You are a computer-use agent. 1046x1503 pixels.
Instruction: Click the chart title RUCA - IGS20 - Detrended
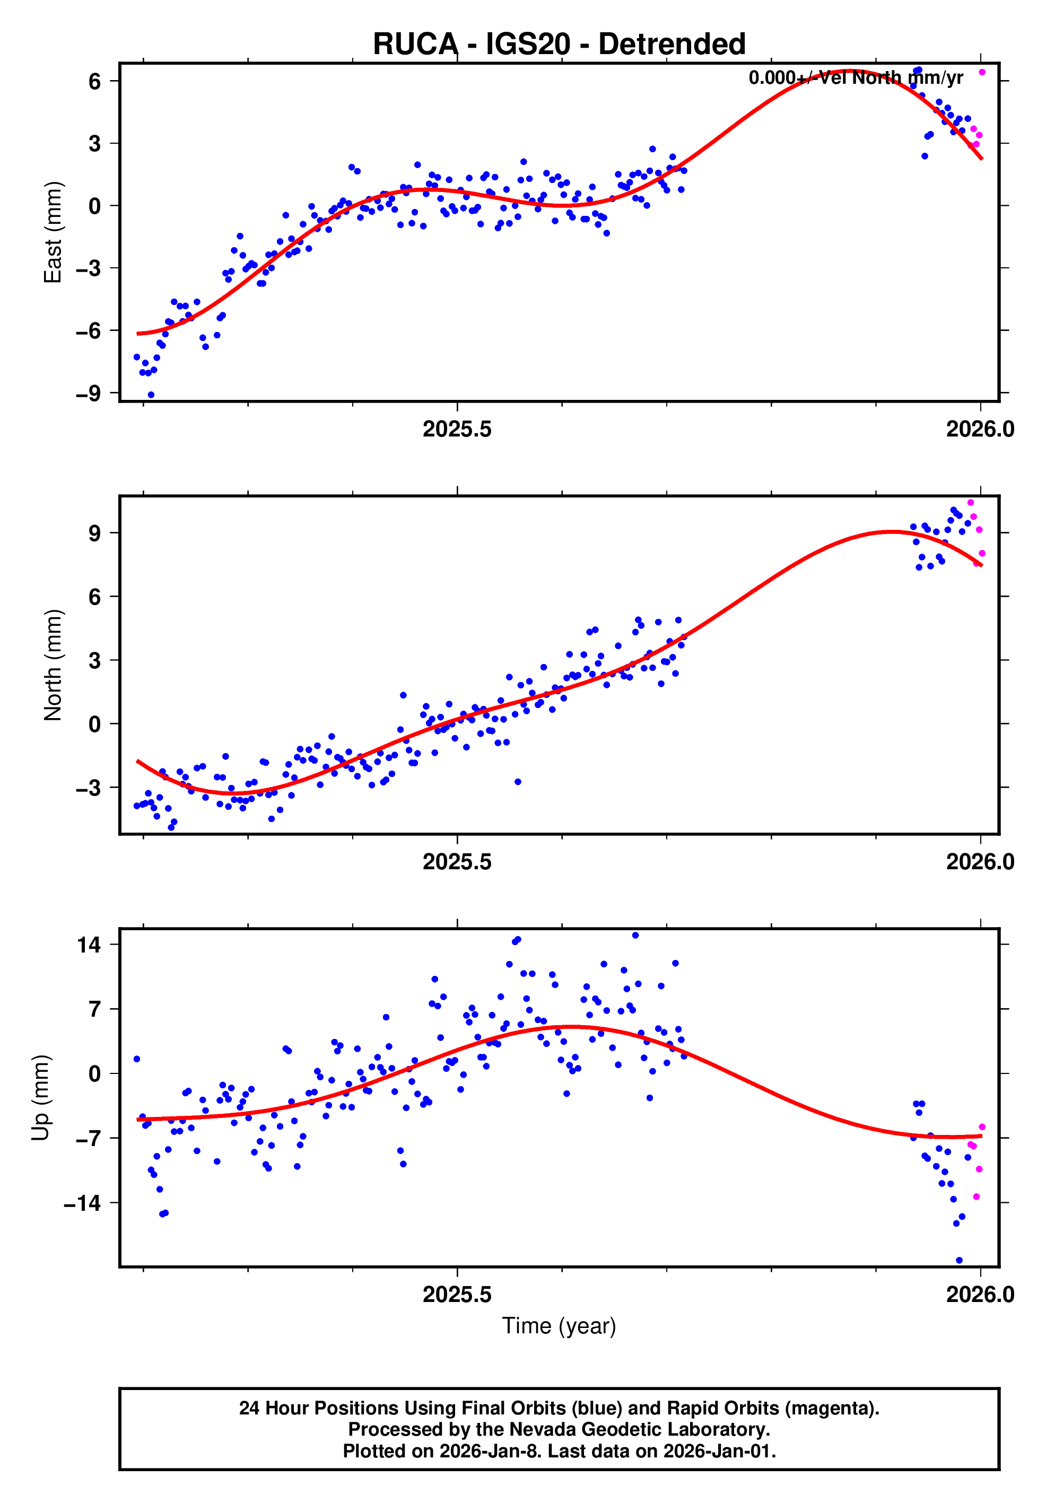559,44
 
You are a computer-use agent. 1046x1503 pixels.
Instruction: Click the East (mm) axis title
53,232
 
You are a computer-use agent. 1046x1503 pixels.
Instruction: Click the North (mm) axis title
53,665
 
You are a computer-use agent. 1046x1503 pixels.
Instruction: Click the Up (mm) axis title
41,1098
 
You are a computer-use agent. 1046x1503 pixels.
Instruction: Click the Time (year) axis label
559,1325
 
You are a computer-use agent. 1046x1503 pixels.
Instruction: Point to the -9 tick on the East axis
89,394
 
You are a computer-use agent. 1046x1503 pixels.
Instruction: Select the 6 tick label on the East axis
95,81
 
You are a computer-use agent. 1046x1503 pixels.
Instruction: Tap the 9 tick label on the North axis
95,533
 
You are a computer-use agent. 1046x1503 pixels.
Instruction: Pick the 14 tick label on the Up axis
89,945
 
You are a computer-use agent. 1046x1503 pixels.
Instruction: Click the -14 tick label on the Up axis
82,1202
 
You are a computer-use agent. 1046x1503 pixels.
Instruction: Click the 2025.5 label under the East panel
456,430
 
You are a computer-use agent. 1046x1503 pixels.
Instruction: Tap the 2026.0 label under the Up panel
979,1294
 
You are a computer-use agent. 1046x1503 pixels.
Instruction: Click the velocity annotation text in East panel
855,78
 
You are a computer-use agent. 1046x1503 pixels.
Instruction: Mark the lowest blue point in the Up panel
959,1260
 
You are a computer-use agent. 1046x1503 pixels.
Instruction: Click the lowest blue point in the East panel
151,395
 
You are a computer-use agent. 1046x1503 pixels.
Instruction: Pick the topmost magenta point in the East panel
981,72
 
